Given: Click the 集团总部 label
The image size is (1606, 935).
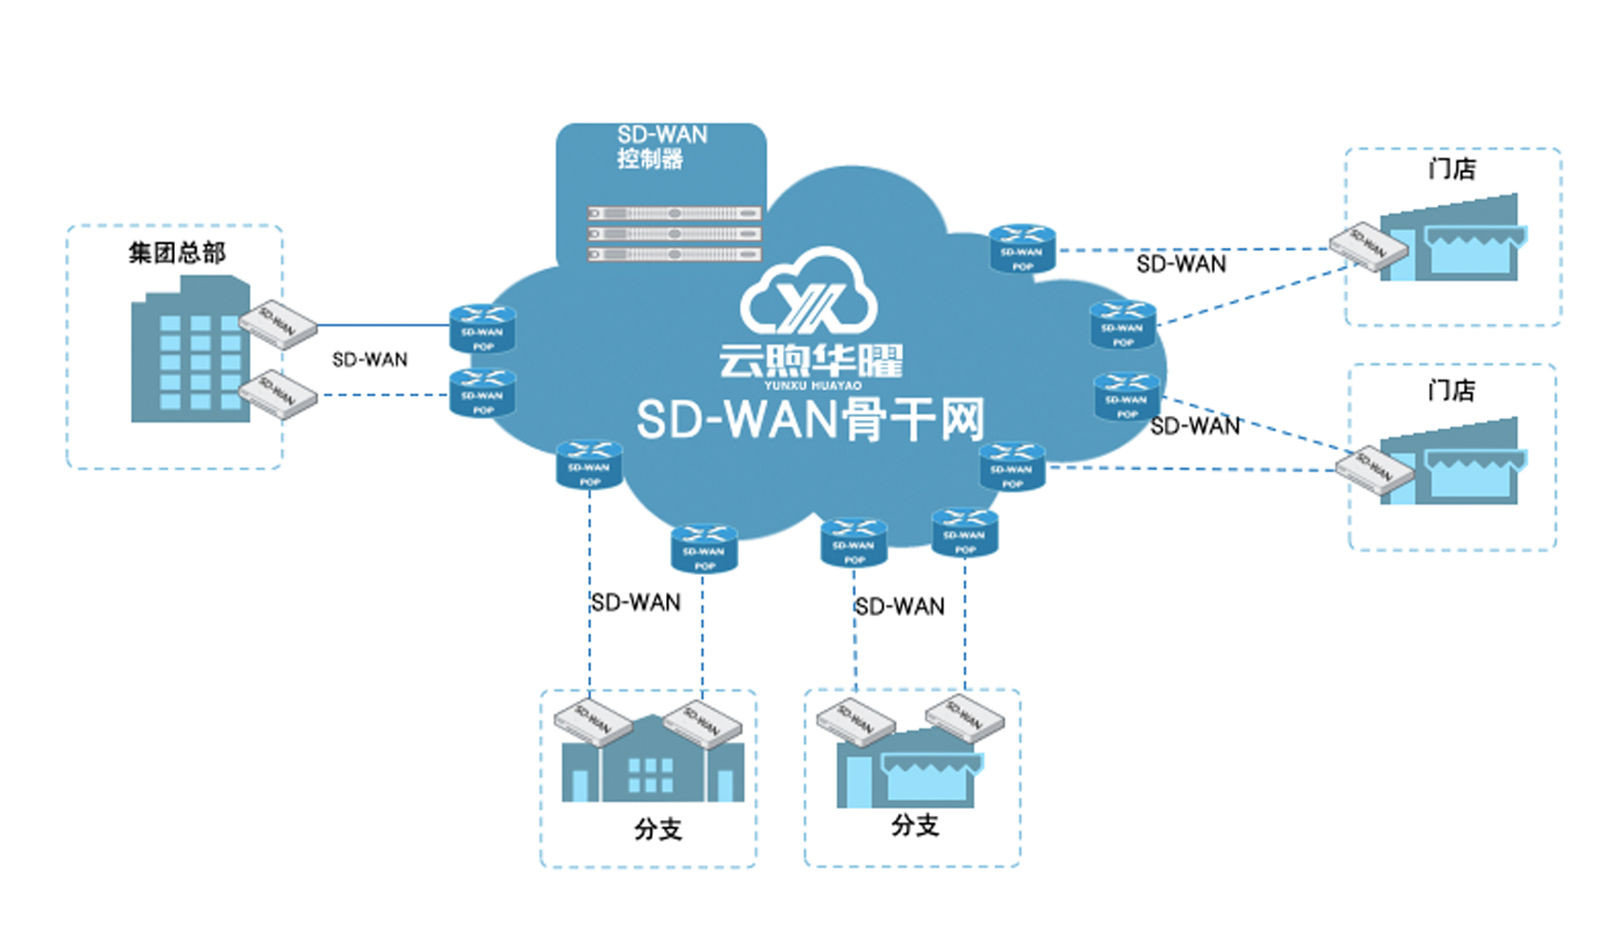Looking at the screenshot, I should (x=177, y=252).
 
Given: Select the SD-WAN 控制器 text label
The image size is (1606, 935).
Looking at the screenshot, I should (x=660, y=147).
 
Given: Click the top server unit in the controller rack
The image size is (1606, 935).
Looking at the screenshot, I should (x=673, y=213).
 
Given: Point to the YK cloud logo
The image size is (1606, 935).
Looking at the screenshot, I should (x=809, y=295).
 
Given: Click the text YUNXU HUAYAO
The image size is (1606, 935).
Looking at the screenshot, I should (x=812, y=385).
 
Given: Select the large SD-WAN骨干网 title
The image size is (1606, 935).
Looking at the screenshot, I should (x=810, y=420).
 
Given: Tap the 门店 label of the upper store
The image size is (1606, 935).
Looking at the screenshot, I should (x=1452, y=169).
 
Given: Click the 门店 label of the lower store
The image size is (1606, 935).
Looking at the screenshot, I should (x=1451, y=390).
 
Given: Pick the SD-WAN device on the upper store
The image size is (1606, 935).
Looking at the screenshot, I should (x=1369, y=246).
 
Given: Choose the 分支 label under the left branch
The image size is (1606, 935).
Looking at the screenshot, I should (x=658, y=829).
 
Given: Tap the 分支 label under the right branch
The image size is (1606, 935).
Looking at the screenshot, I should (x=915, y=826).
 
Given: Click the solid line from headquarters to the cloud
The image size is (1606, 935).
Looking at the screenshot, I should (x=383, y=325).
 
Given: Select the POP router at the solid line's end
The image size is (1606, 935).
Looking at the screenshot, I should (x=483, y=329).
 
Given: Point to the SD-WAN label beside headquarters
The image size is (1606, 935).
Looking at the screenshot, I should (x=369, y=360).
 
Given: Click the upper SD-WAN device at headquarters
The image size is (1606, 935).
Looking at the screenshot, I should (x=279, y=324).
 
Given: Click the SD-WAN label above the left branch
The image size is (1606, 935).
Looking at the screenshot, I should (x=636, y=603).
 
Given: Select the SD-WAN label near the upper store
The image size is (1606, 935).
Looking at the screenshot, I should (x=1181, y=265).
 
